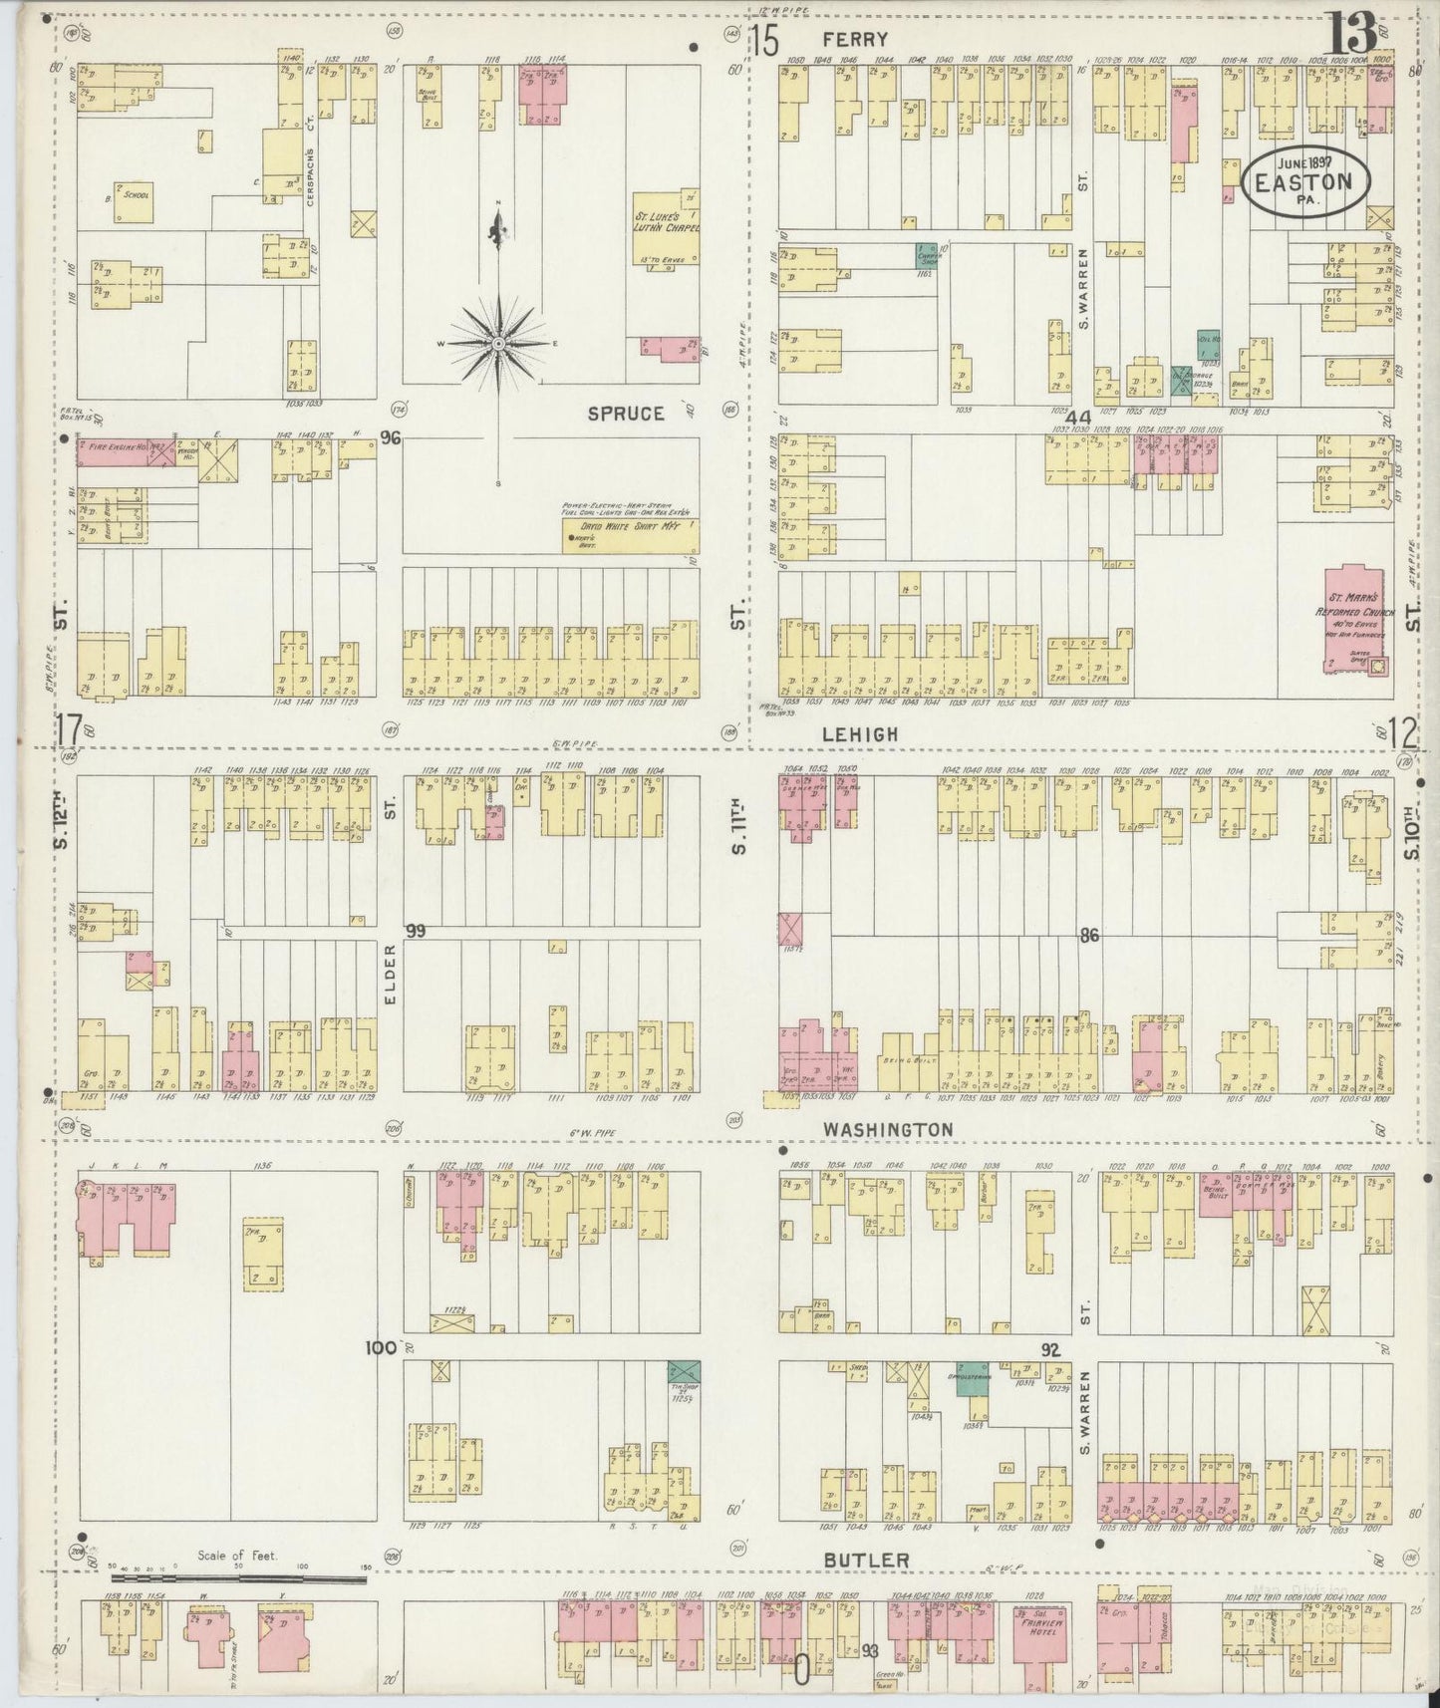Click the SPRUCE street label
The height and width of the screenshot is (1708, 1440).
click(625, 413)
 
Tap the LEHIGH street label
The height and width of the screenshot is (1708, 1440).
click(860, 733)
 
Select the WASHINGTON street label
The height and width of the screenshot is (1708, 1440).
click(887, 1129)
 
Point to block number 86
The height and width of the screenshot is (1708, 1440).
click(1088, 936)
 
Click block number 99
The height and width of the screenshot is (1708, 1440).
click(416, 931)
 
